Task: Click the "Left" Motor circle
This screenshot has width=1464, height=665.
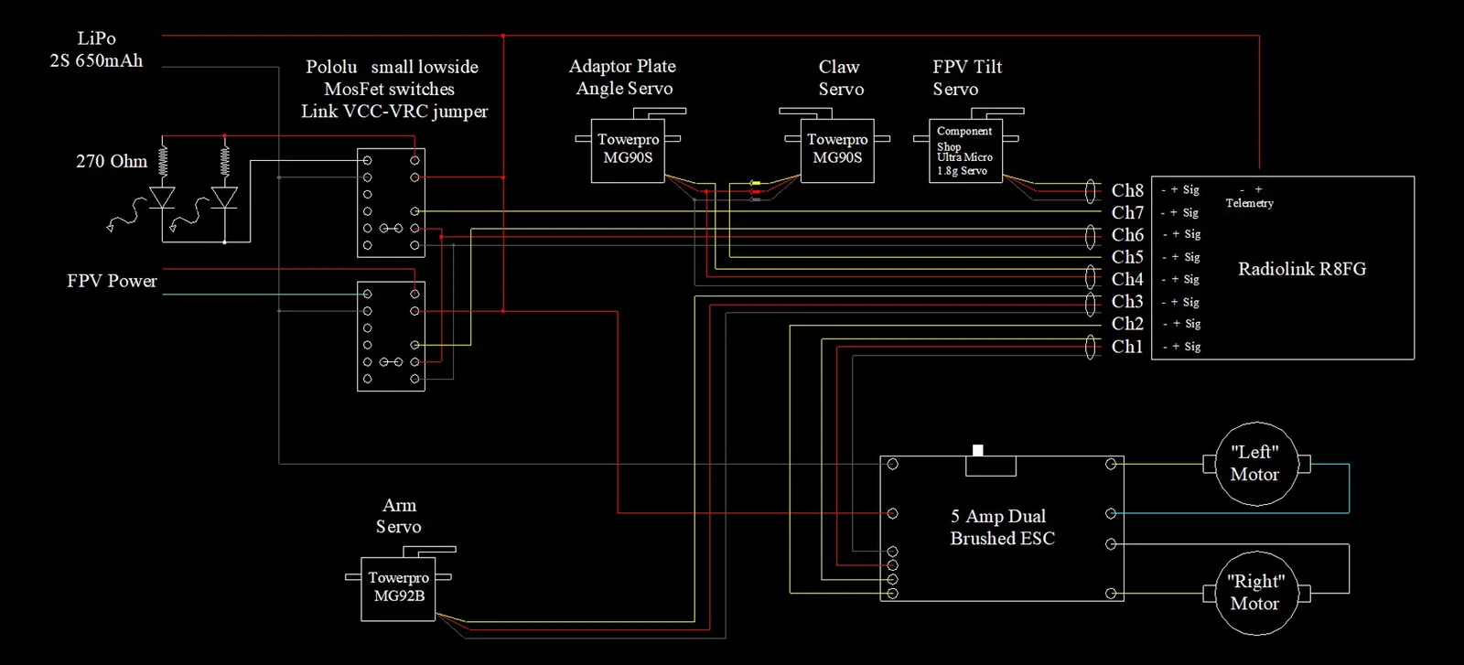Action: pos(1254,464)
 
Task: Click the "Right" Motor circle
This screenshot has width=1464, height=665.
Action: pos(1254,593)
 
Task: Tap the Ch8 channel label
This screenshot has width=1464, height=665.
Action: pos(1127,190)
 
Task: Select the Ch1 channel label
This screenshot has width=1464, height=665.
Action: pos(1127,347)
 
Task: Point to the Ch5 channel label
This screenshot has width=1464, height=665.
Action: pos(1127,257)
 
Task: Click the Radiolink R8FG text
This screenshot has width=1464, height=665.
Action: pos(1301,269)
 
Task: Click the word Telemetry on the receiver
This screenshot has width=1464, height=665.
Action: pos(1249,203)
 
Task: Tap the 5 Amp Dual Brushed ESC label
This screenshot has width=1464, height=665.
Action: pos(1002,528)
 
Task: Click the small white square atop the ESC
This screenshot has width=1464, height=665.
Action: pos(977,450)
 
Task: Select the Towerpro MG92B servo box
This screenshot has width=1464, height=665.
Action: pos(398,588)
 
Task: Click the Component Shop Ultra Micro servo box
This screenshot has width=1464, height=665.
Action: pos(965,151)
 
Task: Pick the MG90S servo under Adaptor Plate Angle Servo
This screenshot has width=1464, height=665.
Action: pos(628,150)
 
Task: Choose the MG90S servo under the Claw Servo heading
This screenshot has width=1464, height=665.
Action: pos(837,150)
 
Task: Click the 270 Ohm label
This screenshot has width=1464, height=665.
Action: pos(112,162)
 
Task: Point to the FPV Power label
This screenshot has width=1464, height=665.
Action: pos(112,281)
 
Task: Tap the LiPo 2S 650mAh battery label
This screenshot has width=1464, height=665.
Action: pos(96,49)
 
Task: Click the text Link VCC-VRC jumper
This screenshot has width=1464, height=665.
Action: pos(394,112)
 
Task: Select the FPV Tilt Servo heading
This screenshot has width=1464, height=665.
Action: pos(966,78)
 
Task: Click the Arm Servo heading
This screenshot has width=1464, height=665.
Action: pos(399,516)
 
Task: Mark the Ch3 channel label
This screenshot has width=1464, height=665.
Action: pos(1127,302)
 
